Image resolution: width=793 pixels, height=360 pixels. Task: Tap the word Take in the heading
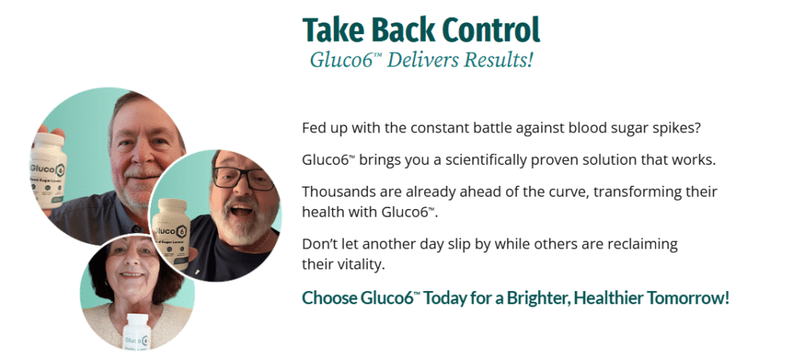coord(331,30)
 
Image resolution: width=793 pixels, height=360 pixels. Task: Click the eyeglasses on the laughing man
coord(245,177)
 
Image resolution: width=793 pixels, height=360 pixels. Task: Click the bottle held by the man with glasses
coord(170,233)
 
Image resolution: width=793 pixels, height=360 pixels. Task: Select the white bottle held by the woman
coord(136,331)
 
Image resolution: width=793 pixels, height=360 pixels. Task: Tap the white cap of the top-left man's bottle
coord(49,139)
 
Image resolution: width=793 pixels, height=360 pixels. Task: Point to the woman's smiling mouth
coord(132,275)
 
